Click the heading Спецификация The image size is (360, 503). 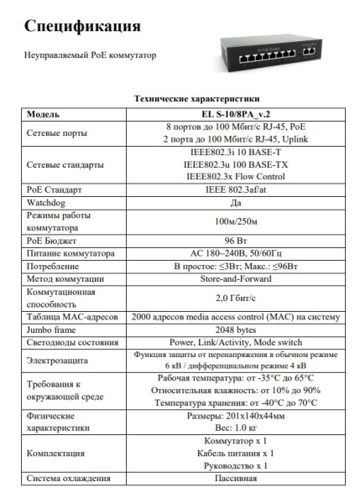82,28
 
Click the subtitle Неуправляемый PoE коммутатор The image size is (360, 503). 91,56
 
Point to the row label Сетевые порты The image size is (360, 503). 59,132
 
